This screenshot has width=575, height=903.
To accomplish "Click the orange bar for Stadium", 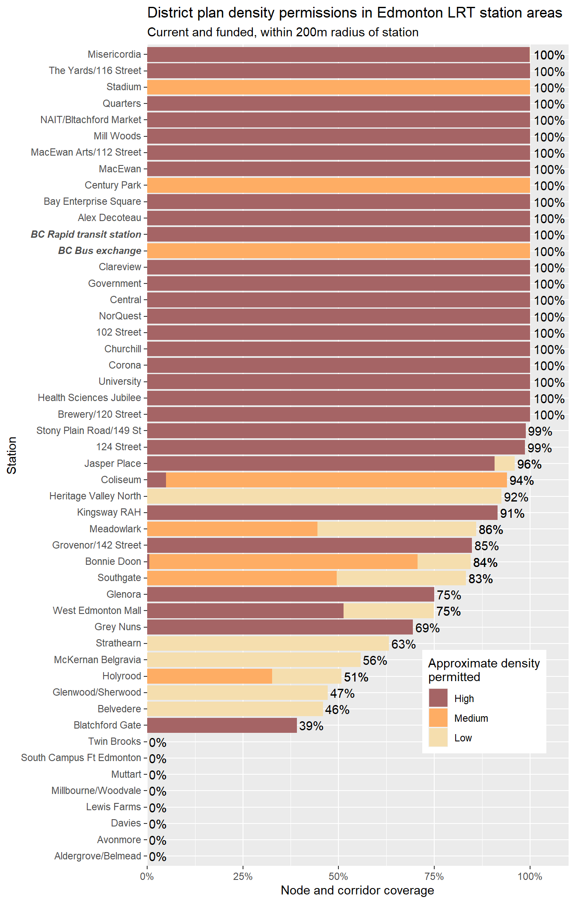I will (x=338, y=87).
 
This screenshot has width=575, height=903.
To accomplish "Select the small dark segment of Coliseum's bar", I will (x=157, y=480).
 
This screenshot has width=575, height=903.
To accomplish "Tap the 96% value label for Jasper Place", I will (x=529, y=464).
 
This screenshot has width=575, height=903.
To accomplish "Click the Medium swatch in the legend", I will (x=438, y=718).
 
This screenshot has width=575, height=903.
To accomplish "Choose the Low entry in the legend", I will (x=463, y=738).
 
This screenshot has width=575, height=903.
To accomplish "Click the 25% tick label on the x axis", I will (x=243, y=877).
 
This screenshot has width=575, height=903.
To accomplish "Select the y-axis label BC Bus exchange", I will (x=99, y=251).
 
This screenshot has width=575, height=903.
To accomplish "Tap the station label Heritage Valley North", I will (x=95, y=496).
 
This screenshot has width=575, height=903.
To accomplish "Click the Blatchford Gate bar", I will (x=222, y=726).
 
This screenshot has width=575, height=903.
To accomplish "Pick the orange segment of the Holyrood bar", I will (x=210, y=676).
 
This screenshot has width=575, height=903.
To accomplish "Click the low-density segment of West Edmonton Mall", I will (x=388, y=611).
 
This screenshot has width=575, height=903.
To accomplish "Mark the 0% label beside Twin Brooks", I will (x=157, y=743).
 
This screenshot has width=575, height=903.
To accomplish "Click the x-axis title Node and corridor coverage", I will (x=357, y=891).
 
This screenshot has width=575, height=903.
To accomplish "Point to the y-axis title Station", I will (x=12, y=455).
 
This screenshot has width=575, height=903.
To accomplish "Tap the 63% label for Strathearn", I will (x=403, y=644).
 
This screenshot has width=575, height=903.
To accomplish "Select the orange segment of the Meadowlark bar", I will (x=232, y=529).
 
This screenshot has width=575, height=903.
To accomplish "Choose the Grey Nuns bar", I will (x=280, y=627).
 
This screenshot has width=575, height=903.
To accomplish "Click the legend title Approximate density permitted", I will (x=483, y=670).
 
